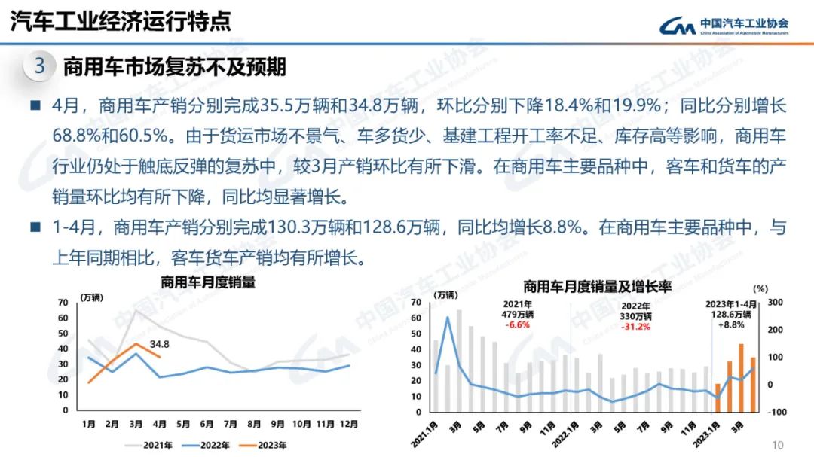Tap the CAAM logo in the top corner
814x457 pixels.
pyautogui.click(x=724, y=26)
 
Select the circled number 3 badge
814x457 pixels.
pyautogui.click(x=40, y=66)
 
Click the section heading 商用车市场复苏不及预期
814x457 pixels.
pyautogui.click(x=174, y=67)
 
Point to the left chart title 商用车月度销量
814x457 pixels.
pyautogui.click(x=207, y=282)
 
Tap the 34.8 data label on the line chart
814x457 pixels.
pyautogui.click(x=159, y=345)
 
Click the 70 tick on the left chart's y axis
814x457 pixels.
pyautogui.click(x=63, y=302)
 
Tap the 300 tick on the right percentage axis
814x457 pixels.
pyautogui.click(x=776, y=302)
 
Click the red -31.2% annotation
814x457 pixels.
pyautogui.click(x=635, y=326)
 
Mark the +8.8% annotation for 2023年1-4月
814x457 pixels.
pyautogui.click(x=729, y=325)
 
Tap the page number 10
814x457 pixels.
pyautogui.click(x=779, y=444)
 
